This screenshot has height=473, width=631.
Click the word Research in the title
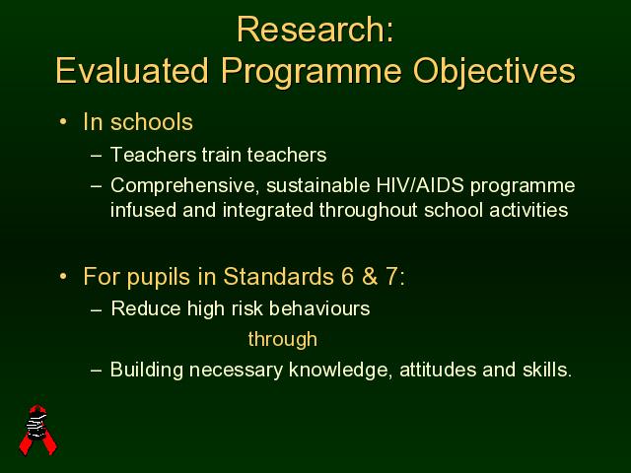click(x=311, y=30)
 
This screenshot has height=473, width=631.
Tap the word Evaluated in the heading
click(x=132, y=70)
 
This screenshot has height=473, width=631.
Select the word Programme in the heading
click(x=312, y=72)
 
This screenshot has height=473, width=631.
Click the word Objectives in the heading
click(x=494, y=72)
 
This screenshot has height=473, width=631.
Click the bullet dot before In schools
click(x=63, y=121)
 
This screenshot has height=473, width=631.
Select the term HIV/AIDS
click(x=420, y=185)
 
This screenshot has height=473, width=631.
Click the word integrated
click(x=267, y=211)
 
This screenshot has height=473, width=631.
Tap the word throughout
click(x=368, y=211)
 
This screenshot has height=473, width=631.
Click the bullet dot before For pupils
click(x=63, y=276)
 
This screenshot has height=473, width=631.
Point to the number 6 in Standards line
click(x=348, y=276)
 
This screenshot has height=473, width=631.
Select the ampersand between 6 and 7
click(x=370, y=276)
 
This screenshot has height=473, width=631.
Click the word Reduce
click(x=146, y=308)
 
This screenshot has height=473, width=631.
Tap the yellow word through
click(x=283, y=339)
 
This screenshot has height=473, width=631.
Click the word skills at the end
click(x=547, y=370)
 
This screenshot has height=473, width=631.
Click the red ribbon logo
click(x=38, y=430)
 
